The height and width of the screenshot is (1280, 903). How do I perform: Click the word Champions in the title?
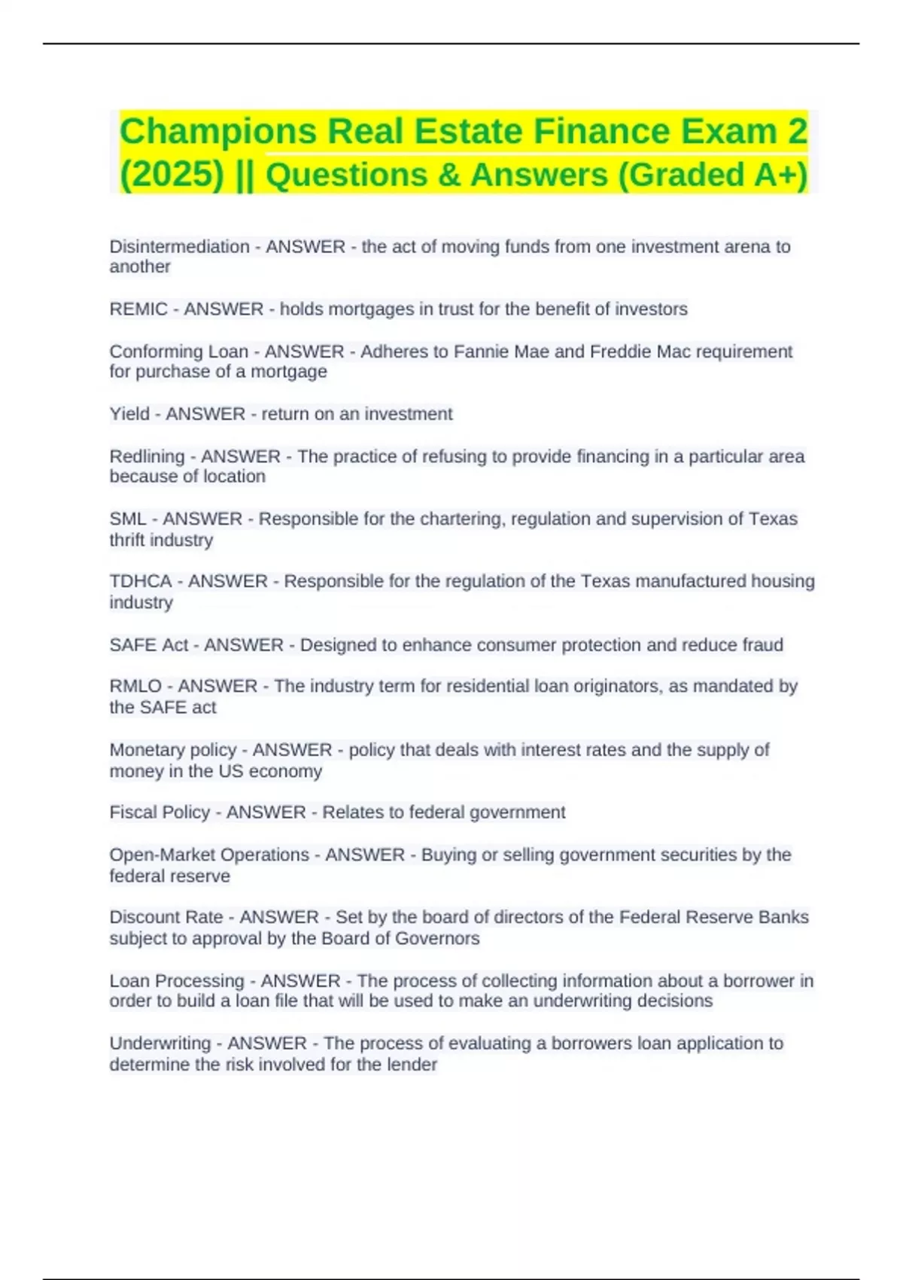(218, 132)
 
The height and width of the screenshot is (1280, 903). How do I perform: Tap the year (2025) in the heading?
(172, 175)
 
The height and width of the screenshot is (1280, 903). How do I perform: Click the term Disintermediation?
(179, 247)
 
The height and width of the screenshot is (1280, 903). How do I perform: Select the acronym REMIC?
(138, 309)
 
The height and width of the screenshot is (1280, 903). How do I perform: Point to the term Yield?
(129, 414)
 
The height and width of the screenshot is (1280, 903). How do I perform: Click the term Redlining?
(147, 457)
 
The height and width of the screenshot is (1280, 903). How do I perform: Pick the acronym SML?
(128, 520)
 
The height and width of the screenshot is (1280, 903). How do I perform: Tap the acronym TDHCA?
(141, 582)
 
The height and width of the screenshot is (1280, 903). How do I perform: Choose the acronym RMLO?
(135, 687)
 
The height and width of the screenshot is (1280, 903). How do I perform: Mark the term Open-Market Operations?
(209, 855)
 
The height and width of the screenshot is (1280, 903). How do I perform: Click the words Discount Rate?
(166, 918)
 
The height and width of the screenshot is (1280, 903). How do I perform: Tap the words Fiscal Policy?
(160, 813)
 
